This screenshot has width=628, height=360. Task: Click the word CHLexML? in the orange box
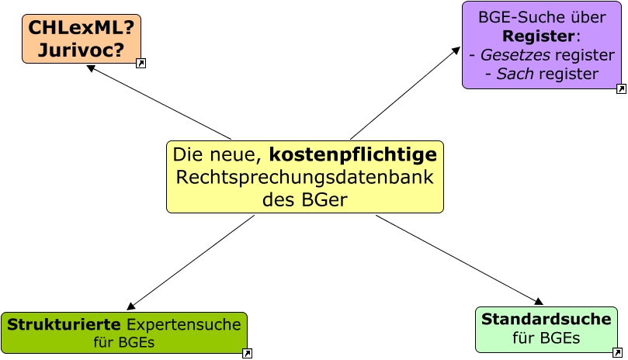coord(81,28)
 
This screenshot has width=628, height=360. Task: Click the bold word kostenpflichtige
coord(353,155)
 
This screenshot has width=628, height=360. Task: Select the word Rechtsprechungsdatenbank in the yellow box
coord(304,177)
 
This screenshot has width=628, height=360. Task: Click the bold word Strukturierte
coord(64,324)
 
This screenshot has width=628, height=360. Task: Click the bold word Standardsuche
coord(546,319)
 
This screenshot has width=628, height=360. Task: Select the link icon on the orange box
coord(141,64)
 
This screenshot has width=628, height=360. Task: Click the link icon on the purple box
coord(621,89)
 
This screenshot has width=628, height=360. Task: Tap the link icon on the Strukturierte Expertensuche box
coord(247,354)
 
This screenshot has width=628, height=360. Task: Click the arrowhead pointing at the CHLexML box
coord(91,67)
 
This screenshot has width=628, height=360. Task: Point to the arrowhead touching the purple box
coord(456,50)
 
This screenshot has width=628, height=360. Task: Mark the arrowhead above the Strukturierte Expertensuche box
coord(131,306)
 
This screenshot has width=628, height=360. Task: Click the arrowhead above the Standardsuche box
coord(539,302)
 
